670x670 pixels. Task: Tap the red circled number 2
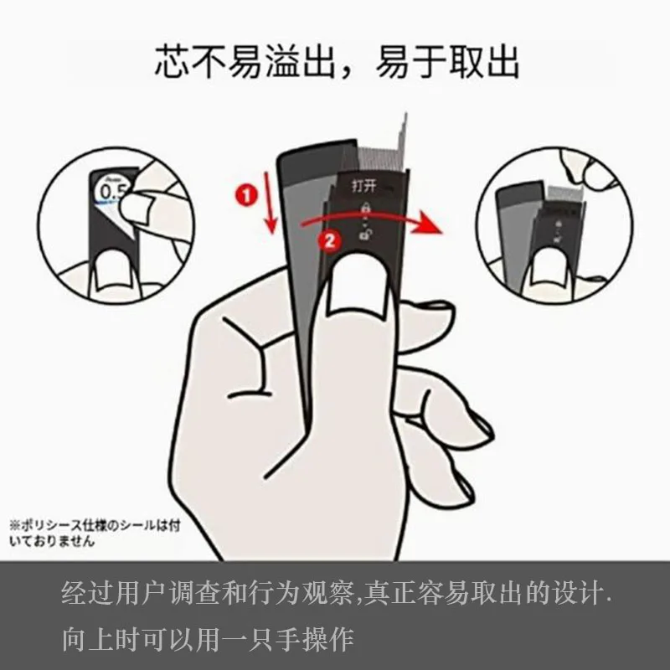click(329, 240)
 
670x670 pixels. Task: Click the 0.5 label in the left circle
click(114, 193)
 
